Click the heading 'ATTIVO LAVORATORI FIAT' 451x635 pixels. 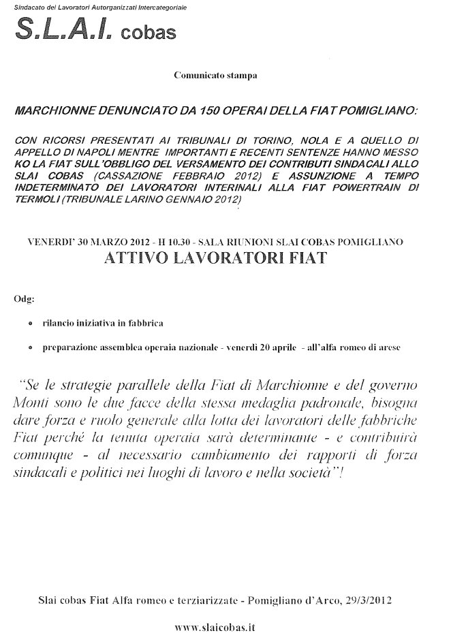coord(215,258)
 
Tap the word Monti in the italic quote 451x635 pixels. coord(29,402)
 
